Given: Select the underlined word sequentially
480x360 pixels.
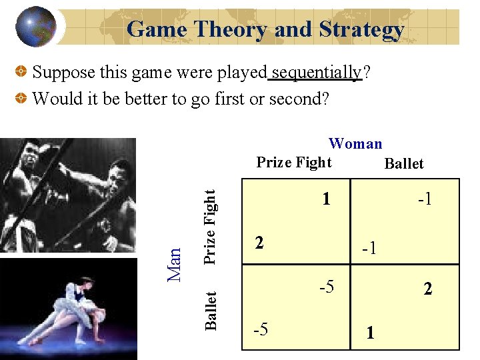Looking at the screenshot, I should [x=315, y=72].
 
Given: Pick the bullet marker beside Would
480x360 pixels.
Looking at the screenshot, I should [x=21, y=99].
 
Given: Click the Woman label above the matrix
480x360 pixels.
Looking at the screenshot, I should [x=355, y=143].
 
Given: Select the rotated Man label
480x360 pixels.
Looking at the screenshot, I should [x=174, y=265].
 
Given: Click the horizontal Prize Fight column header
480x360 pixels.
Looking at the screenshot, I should [x=294, y=162].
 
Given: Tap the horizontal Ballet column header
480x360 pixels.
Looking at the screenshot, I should [x=404, y=163].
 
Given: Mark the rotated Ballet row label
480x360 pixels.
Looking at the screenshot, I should [x=211, y=310].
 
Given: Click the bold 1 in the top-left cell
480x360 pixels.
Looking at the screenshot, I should [x=325, y=199].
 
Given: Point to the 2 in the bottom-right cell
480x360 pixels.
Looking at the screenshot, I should [x=427, y=289].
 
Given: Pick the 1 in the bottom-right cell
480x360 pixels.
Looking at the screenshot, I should [x=370, y=333].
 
